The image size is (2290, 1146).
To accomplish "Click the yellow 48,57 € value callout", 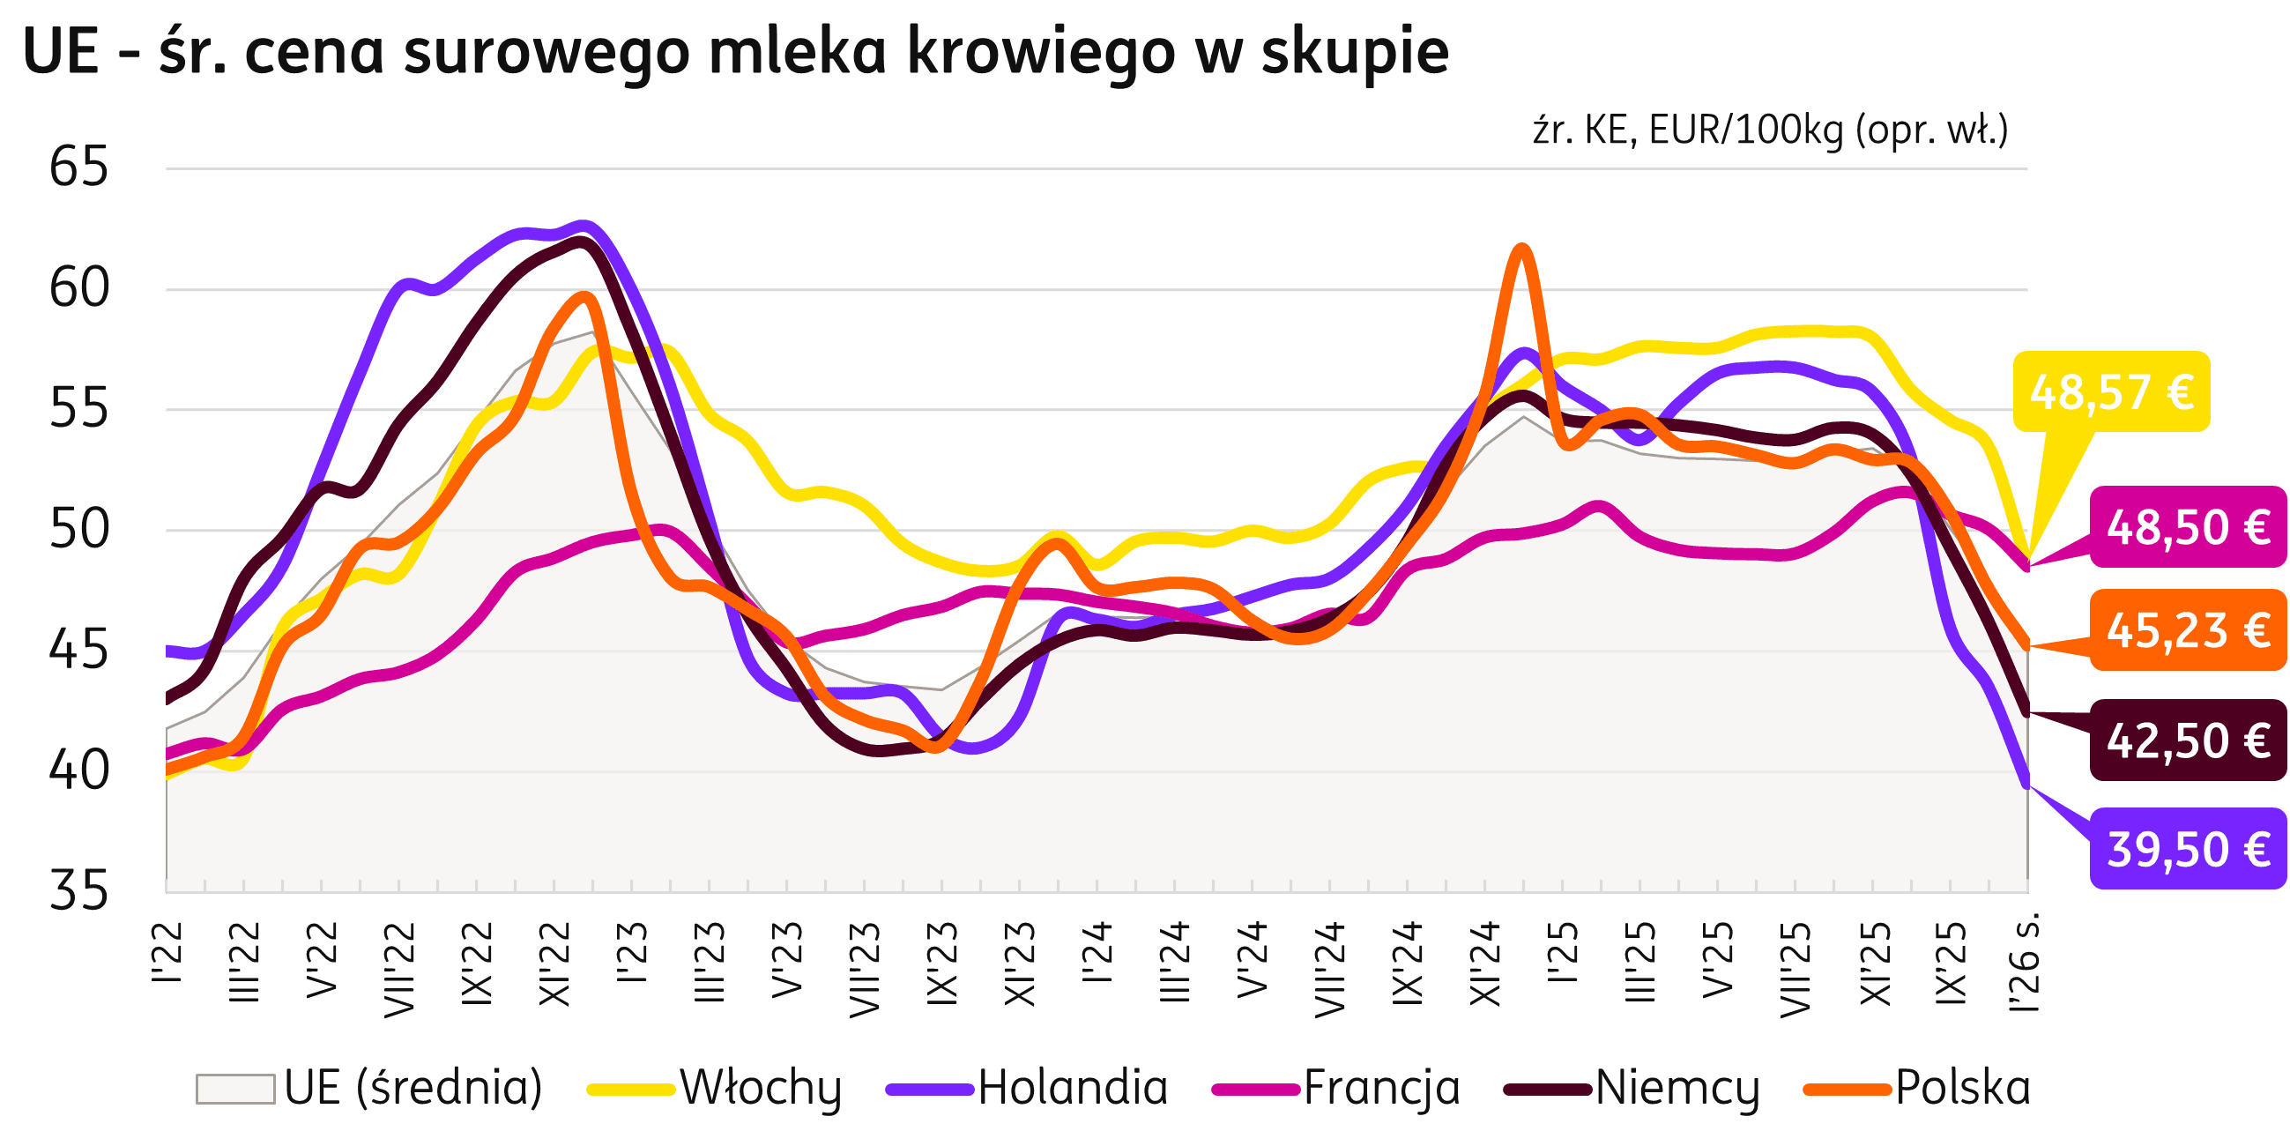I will tap(2110, 392).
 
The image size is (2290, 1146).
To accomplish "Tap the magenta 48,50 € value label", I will tap(2188, 527).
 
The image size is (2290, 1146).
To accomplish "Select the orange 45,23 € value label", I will tap(2188, 630).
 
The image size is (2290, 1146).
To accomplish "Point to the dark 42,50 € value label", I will tap(2188, 740).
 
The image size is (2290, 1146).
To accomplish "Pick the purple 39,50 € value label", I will tap(2188, 849).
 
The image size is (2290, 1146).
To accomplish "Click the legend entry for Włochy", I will tap(760, 1087).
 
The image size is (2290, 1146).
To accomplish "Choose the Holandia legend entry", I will tap(1072, 1087).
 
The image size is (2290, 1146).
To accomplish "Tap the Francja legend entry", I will tap(1380, 1087).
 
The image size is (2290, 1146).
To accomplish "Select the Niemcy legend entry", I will tap(1677, 1087).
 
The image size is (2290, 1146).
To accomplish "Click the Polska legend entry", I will tap(1963, 1087).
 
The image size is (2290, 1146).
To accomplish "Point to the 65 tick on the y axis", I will tap(78, 167).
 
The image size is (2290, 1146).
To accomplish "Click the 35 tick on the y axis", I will tap(78, 890).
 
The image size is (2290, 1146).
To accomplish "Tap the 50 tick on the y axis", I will tap(78, 530).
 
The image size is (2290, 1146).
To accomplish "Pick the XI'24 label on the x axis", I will tap(1484, 965).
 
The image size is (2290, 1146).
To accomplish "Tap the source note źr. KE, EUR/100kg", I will tap(1769, 131).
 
